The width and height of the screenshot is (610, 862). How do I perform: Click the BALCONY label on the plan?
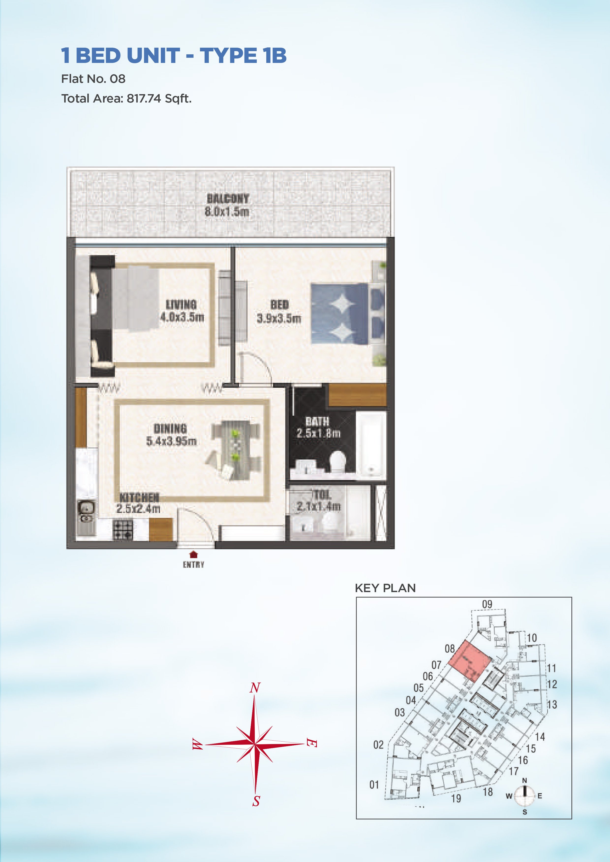click(228, 198)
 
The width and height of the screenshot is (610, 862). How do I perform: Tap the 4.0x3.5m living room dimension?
click(182, 317)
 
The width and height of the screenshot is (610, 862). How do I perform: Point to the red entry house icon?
click(193, 554)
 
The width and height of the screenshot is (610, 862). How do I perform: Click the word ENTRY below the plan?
click(193, 565)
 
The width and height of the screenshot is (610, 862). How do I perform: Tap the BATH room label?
click(317, 421)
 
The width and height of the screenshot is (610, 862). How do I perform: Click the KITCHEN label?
click(139, 498)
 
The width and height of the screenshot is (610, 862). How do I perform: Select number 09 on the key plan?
click(487, 604)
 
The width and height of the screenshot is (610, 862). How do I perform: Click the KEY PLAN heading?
click(385, 588)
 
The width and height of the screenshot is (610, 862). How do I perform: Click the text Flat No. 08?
click(93, 79)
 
